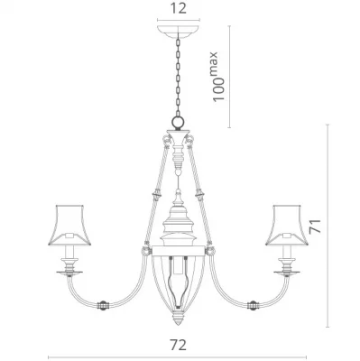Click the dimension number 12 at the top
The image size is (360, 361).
pos(179,8)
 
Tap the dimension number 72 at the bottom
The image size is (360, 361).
pos(178,345)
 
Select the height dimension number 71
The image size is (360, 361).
pos(316,227)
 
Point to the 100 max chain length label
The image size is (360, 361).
pos(218,77)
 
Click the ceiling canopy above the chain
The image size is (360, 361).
pos(179,31)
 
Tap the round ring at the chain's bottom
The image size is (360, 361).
pos(178,122)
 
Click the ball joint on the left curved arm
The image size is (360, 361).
pos(103,305)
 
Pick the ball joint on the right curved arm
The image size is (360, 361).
pos(253,305)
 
